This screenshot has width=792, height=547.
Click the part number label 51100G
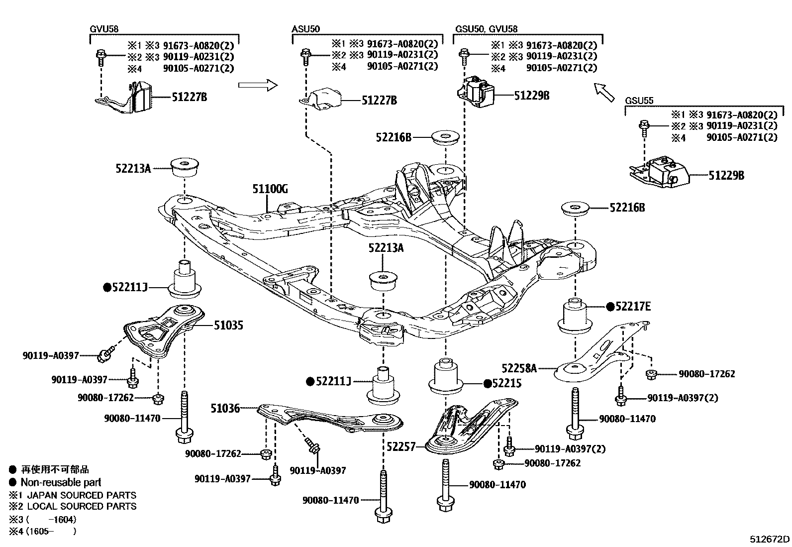pos(270,189)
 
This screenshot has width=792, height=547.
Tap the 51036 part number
pos(225,408)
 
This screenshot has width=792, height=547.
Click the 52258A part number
pos(519,368)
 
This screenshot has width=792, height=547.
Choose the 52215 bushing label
pos(507,383)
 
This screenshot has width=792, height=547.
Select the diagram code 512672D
pos(770,539)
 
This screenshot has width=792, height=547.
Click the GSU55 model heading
pos(639,101)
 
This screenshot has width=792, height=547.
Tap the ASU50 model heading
pos(305,29)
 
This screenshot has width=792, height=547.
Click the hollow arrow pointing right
pos(257,85)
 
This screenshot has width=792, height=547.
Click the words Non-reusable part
pos(61,482)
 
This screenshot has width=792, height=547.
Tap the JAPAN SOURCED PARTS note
pos(81,495)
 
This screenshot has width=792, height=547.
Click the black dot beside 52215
pos(488,383)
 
